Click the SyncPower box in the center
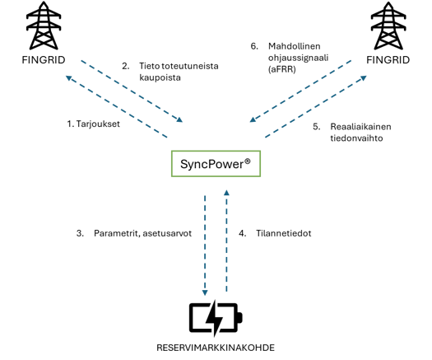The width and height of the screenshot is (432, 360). pos(216,164)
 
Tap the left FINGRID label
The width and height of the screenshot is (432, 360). pos(44,60)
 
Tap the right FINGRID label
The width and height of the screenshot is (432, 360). pos(388,60)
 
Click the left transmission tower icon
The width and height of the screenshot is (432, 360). pos(44,26)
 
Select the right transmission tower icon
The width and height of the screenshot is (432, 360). pos(388,26)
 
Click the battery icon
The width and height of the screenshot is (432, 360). pos(216,318)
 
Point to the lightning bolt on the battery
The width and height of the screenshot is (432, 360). pos(215,318)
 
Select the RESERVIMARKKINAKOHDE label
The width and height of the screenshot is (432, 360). pos(216,348)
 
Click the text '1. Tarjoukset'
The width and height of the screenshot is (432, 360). pos(94,124)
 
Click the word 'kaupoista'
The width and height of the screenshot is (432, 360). pos(160,77)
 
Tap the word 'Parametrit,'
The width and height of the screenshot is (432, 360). pos(117,233)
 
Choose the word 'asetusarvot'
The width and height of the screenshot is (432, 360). pos(167,233)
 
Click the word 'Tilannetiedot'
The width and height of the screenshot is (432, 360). pos(284,233)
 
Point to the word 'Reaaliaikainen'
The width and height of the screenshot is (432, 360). pos(360,127)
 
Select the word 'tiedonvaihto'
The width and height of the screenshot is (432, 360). pos(356,138)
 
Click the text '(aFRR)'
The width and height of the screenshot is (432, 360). pos(282,69)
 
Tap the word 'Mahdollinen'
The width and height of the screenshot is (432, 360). pos(295,46)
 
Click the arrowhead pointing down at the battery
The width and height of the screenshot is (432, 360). pos(205,292)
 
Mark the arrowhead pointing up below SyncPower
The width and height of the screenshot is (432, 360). pos(226,192)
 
